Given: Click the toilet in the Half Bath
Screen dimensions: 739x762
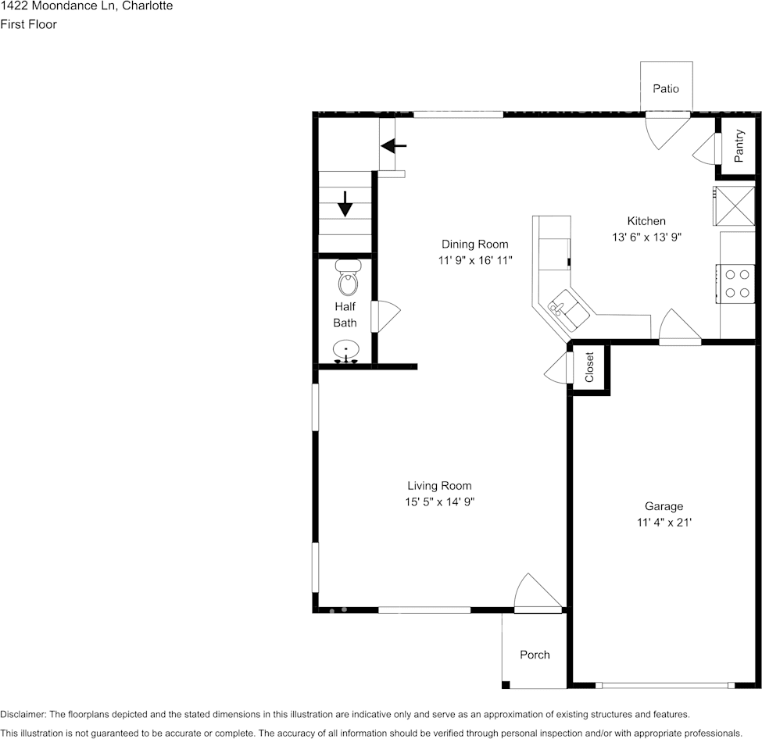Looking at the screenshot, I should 348,279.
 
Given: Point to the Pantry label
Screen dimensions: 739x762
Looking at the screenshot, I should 739,146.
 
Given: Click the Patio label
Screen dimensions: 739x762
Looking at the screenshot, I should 666,88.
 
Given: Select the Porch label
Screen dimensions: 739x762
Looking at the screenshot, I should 535,655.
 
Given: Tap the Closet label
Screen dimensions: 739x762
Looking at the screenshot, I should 590,367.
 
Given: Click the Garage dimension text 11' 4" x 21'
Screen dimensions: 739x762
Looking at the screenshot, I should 664,523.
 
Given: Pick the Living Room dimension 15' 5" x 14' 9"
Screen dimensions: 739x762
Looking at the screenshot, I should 439,502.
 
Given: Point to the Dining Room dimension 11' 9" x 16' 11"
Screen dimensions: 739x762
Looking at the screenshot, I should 474,261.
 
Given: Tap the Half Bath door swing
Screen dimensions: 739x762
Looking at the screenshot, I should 386,316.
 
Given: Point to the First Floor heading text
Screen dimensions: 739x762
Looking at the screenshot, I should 29,24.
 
